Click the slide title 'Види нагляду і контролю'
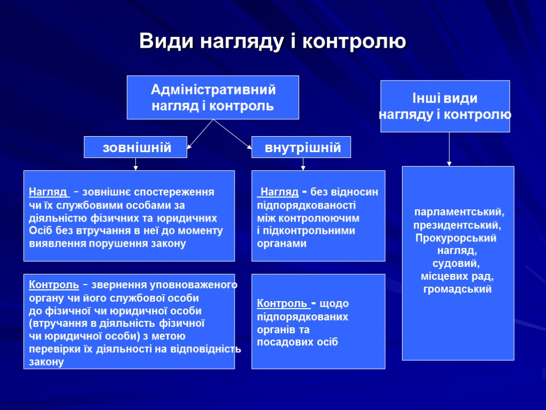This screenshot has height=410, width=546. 272,41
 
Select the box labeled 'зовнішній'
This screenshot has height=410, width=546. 135,147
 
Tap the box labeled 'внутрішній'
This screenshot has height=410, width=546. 301,147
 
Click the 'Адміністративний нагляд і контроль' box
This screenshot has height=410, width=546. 213,97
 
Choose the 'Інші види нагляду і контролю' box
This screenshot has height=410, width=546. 445,106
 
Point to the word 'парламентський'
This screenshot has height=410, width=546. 460,212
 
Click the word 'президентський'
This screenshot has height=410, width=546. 457,225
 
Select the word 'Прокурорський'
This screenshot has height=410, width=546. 456,238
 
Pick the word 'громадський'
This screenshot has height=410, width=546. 457,289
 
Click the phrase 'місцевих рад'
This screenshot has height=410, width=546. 457,277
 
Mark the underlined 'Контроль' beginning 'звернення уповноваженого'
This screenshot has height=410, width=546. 54,285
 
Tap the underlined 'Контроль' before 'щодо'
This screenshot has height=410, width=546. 283,304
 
